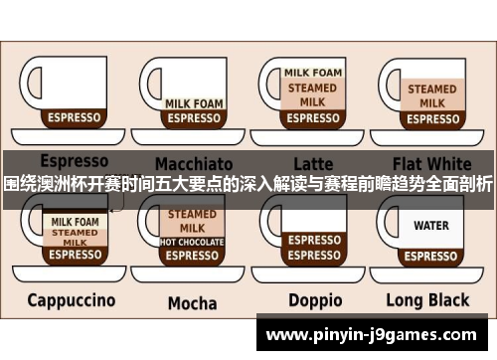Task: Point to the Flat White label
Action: [x=431, y=162]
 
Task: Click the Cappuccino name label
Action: [x=71, y=299]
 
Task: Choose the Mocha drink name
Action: [x=192, y=302]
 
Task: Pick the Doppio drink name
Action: [x=315, y=299]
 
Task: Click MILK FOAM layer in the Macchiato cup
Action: [x=194, y=102]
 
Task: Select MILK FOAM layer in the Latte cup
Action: [x=313, y=73]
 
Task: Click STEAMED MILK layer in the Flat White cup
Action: [x=432, y=95]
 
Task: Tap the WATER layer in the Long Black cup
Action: [x=431, y=226]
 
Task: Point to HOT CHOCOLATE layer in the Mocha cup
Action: [x=192, y=242]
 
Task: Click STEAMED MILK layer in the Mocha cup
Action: [x=192, y=221]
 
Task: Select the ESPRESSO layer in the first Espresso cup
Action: [x=75, y=117]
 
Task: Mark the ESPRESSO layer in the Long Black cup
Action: [x=431, y=254]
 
